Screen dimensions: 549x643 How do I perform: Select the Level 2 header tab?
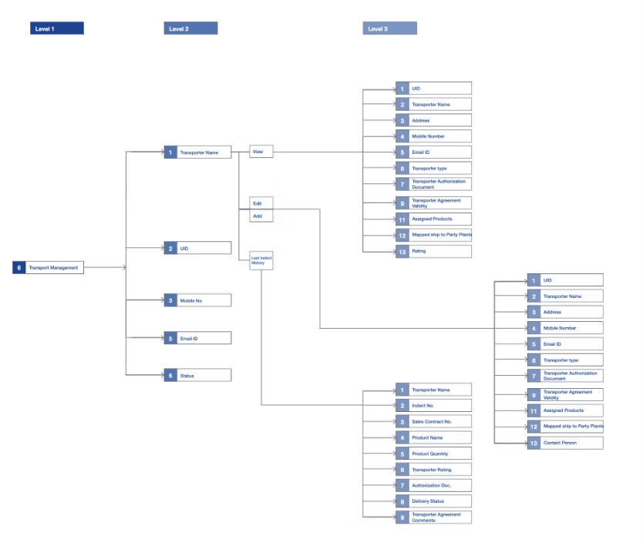click(x=190, y=28)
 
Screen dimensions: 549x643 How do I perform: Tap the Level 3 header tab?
click(x=390, y=28)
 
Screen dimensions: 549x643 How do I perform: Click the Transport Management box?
click(x=53, y=268)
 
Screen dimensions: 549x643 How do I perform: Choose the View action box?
click(x=261, y=152)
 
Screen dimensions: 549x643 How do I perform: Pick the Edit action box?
click(x=261, y=203)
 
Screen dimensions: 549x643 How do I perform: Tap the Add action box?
click(x=261, y=217)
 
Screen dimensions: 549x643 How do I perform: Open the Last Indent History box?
click(x=261, y=261)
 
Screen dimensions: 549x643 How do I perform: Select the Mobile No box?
click(x=204, y=300)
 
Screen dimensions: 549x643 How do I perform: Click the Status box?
click(x=204, y=376)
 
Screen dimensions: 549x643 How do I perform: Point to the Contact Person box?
click(x=571, y=443)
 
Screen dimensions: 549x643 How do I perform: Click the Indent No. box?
click(x=439, y=406)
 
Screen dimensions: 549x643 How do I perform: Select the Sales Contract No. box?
click(x=439, y=422)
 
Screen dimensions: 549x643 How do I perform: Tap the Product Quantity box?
click(x=439, y=454)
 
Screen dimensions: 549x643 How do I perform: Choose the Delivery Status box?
click(x=439, y=501)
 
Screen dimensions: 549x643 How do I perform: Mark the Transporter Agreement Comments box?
click(x=439, y=517)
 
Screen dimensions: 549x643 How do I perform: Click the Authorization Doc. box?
click(x=439, y=485)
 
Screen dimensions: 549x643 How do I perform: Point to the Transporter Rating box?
click(x=439, y=470)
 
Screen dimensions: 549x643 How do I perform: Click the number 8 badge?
click(x=402, y=501)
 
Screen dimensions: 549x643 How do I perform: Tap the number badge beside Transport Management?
click(x=19, y=268)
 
